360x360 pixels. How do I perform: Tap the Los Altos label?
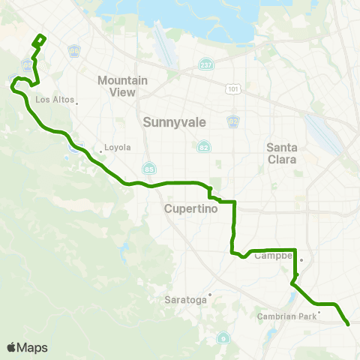click(52, 99)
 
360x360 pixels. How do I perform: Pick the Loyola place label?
click(117, 148)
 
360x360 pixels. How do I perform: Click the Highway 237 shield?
click(205, 65)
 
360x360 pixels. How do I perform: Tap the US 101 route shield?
click(234, 88)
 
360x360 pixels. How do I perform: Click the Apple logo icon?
click(12, 347)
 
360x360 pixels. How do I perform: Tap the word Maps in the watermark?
click(33, 347)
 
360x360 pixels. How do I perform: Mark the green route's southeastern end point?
click(348, 324)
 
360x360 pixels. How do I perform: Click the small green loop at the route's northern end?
click(40, 39)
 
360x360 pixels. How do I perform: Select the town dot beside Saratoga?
click(211, 295)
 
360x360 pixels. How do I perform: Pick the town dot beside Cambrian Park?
click(319, 312)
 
